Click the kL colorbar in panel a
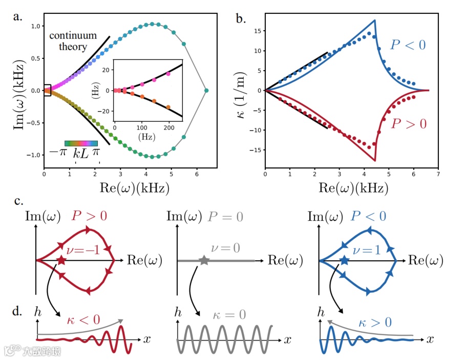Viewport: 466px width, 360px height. (81, 143)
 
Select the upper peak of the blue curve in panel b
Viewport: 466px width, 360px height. (375, 20)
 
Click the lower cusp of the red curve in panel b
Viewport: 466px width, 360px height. (375, 161)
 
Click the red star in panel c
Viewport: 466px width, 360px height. (62, 261)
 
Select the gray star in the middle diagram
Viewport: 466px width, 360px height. (204, 261)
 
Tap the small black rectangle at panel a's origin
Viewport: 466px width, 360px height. (47, 90)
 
